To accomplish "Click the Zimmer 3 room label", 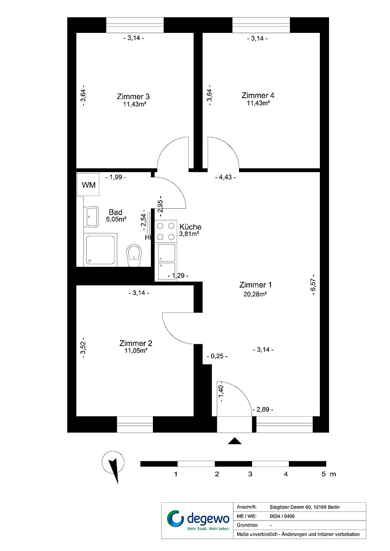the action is pyautogui.click(x=133, y=96).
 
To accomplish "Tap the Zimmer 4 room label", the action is pyautogui.click(x=258, y=95).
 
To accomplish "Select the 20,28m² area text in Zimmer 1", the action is pyautogui.click(x=255, y=294).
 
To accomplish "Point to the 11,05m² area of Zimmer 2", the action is pyautogui.click(x=136, y=350).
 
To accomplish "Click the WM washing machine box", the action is pyautogui.click(x=88, y=185).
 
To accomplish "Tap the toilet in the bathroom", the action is pyautogui.click(x=134, y=256).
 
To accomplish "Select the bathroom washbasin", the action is pyautogui.click(x=91, y=217).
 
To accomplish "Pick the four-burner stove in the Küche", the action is pyautogui.click(x=166, y=231).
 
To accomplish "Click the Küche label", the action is pyautogui.click(x=190, y=227).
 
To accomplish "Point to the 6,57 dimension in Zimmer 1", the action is pyautogui.click(x=312, y=284).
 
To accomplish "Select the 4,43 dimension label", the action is pyautogui.click(x=225, y=177).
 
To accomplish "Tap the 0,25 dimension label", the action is pyautogui.click(x=217, y=356).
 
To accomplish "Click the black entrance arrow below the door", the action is pyautogui.click(x=235, y=441).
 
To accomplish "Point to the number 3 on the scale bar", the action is pyautogui.click(x=250, y=474).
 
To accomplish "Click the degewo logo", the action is pyautogui.click(x=197, y=520).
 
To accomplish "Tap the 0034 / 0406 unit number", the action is pyautogui.click(x=282, y=516).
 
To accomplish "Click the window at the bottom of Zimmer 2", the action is pyautogui.click(x=135, y=424).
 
